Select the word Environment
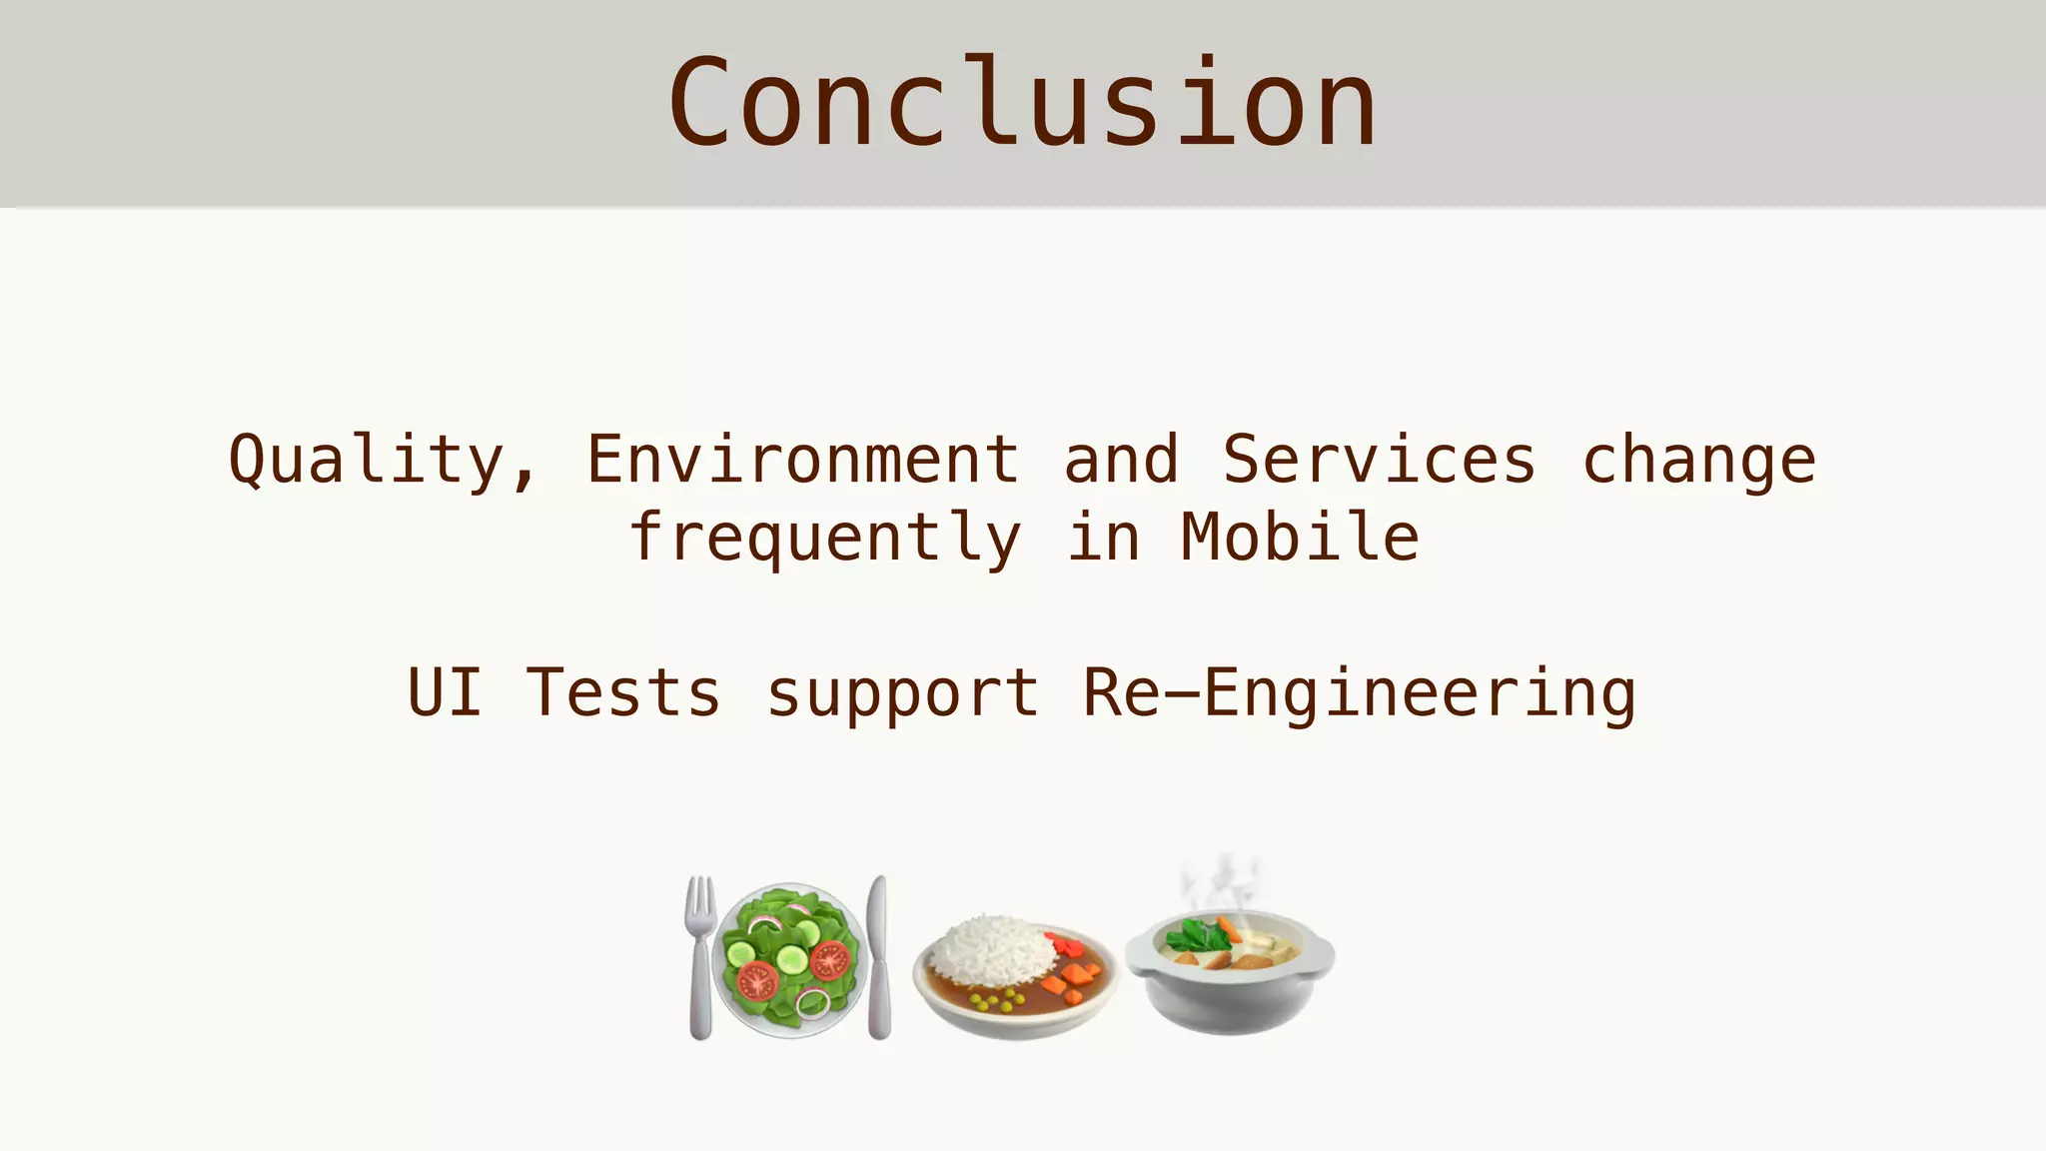tap(802, 459)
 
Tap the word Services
tap(1379, 459)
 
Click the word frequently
tap(825, 539)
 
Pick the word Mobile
tap(1299, 537)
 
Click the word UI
tap(445, 692)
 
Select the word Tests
tap(622, 692)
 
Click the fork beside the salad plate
tap(700, 956)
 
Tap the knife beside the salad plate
tap(878, 956)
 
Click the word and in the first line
tap(1120, 459)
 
